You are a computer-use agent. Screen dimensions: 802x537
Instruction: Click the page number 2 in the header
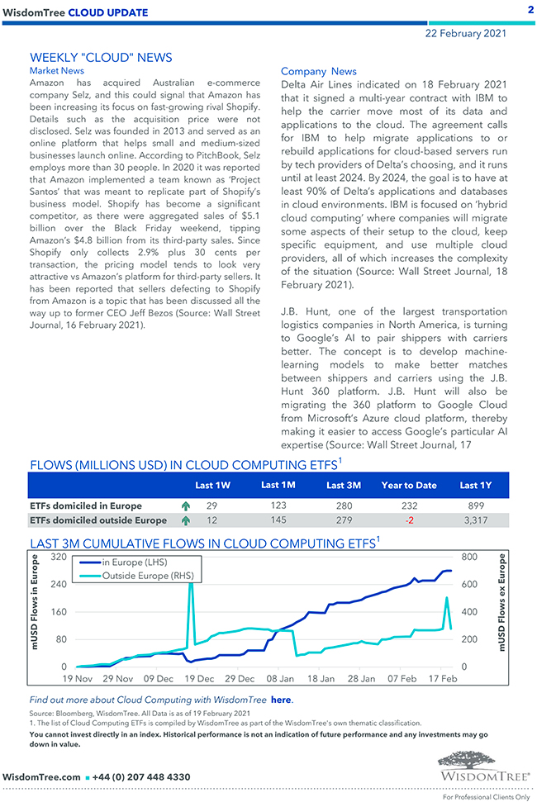coord(530,10)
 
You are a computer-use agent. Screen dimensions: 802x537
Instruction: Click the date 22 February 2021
coord(466,34)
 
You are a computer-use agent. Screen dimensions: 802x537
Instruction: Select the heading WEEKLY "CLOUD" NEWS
coord(101,58)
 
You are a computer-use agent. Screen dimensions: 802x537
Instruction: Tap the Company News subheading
coord(319,72)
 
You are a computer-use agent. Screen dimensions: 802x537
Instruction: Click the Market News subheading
coord(56,71)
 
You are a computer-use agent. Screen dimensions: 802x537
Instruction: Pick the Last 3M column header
coord(343,485)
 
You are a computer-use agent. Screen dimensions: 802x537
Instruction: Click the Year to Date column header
coord(408,485)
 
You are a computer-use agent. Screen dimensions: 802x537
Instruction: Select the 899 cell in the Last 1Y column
coord(475,505)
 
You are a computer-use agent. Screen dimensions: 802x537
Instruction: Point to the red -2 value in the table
coord(409,520)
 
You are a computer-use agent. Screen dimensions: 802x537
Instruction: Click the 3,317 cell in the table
coord(475,520)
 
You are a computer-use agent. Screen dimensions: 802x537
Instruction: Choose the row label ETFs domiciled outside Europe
coord(97,520)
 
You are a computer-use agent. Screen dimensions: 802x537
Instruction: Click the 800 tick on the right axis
coord(468,558)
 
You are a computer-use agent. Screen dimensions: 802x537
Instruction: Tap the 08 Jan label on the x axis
coord(280,678)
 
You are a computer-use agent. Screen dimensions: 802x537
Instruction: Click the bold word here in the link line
coord(281,700)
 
